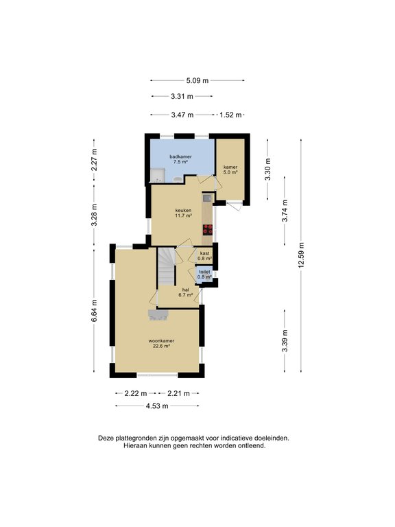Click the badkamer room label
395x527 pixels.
pyautogui.click(x=180, y=159)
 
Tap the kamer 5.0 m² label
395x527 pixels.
pyautogui.click(x=230, y=169)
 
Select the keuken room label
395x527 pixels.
pyautogui.click(x=183, y=213)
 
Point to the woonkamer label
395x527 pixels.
pyautogui.click(x=161, y=343)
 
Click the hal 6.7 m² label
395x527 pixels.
pyautogui.click(x=185, y=292)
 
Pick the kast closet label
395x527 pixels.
pyautogui.click(x=204, y=256)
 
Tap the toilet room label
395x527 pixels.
pyautogui.click(x=204, y=274)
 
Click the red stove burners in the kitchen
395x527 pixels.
pyautogui.click(x=208, y=230)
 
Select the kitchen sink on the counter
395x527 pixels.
pyautogui.click(x=208, y=198)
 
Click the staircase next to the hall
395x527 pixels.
pyautogui.click(x=167, y=266)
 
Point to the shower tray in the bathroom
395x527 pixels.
pyautogui.click(x=157, y=176)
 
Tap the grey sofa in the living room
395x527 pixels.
pyautogui.click(x=158, y=315)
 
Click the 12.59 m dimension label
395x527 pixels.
pyautogui.click(x=301, y=255)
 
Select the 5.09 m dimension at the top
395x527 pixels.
pyautogui.click(x=197, y=81)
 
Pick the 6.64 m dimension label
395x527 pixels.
pyautogui.click(x=94, y=311)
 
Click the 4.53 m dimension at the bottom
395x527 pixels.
pyautogui.click(x=157, y=406)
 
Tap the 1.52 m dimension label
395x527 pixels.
pyautogui.click(x=230, y=115)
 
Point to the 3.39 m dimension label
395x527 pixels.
pyautogui.click(x=285, y=341)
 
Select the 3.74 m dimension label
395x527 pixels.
pyautogui.click(x=285, y=211)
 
